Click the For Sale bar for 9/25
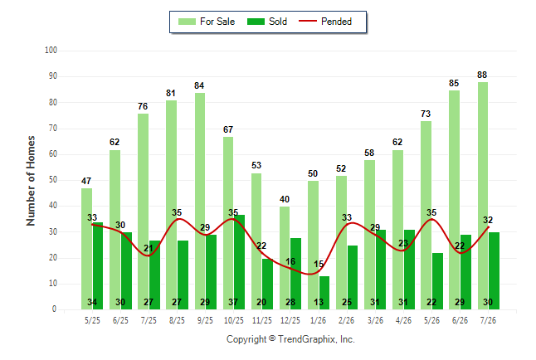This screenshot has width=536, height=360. (x=200, y=201)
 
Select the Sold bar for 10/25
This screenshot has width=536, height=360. (x=239, y=262)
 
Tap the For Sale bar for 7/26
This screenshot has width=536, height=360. (x=483, y=196)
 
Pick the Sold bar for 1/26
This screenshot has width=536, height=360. (x=324, y=293)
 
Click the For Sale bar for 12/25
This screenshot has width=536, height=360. (x=285, y=258)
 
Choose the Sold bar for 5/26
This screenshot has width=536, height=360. (x=437, y=281)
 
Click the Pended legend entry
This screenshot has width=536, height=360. (x=325, y=22)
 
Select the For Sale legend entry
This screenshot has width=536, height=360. (x=207, y=22)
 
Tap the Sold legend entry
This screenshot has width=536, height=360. (x=267, y=22)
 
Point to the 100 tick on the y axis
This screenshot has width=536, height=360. (x=51, y=51)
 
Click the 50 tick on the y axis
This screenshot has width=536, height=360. (x=53, y=180)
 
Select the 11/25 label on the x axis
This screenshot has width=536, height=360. (x=262, y=320)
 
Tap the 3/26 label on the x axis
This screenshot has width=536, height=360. (x=375, y=320)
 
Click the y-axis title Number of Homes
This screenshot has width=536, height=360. (x=31, y=181)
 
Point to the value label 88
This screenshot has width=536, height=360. (x=482, y=75)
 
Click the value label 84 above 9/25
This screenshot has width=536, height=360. (x=199, y=85)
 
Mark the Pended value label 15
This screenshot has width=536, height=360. (x=319, y=264)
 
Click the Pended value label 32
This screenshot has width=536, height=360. (x=488, y=220)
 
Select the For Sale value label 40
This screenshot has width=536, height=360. (x=285, y=199)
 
